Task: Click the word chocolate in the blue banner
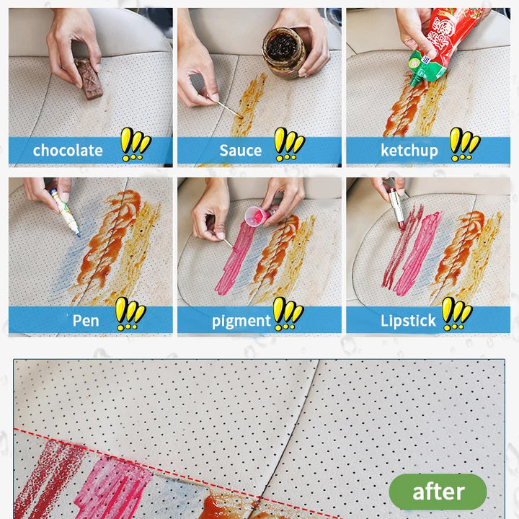[68, 151]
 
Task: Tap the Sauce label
[241, 151]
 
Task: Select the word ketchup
[409, 151]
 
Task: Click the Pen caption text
[86, 320]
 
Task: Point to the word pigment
[241, 321]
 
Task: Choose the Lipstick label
[408, 320]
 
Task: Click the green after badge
[438, 492]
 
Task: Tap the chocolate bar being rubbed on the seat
[89, 78]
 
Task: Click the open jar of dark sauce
[284, 53]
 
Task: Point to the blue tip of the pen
[79, 235]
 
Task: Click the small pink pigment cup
[257, 216]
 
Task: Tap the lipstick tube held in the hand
[396, 208]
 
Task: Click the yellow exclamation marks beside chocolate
[136, 144]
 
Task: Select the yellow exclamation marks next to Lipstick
[457, 314]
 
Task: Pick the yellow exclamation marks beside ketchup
[465, 144]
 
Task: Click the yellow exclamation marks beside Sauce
[290, 144]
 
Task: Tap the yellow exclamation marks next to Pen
[130, 314]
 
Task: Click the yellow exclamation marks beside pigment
[288, 314]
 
